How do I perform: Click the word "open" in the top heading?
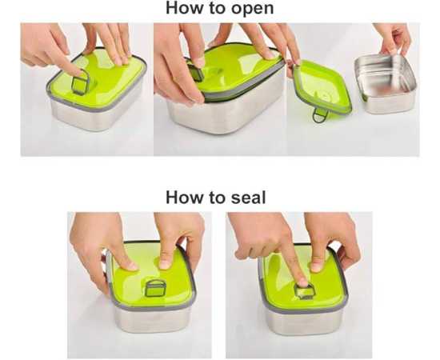252,9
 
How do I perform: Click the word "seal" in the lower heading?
248,198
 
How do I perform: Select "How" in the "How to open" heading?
184,7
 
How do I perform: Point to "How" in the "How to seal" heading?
184,198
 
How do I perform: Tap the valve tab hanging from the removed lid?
320,114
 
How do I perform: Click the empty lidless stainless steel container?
385,84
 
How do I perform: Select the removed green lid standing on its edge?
322,87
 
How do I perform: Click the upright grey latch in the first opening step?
81,82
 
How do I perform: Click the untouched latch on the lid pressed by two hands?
155,288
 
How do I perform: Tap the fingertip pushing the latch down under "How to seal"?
302,282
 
